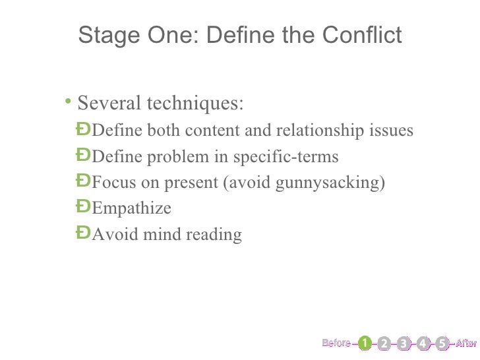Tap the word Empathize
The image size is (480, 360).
[x=132, y=209]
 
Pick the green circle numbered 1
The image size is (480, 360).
[x=365, y=343]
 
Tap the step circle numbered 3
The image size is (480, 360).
[x=404, y=343]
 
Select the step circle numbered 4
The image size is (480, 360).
[x=423, y=343]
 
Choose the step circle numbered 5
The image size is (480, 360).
[x=442, y=343]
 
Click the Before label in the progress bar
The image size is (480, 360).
[x=336, y=343]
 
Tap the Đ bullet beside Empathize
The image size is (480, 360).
[x=83, y=208]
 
